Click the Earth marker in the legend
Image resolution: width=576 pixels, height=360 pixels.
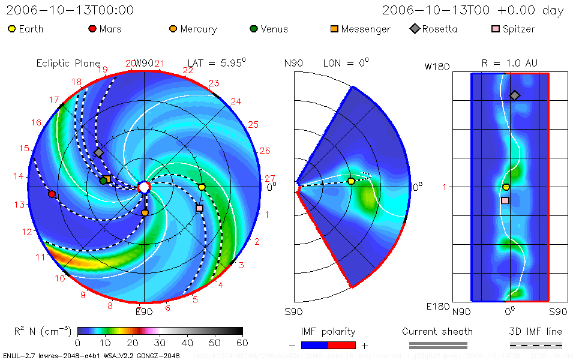[x=11, y=29]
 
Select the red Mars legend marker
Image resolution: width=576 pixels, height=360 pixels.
[x=92, y=29]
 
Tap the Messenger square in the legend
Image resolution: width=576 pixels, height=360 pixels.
[x=334, y=29]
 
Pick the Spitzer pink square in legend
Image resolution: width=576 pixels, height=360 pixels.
[x=496, y=29]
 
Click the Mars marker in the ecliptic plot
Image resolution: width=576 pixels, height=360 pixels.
[x=52, y=194]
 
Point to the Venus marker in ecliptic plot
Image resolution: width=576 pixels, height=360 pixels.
[x=103, y=180]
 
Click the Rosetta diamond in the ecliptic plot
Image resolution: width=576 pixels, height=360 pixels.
[x=98, y=153]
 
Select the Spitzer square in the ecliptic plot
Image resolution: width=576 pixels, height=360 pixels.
[x=199, y=208]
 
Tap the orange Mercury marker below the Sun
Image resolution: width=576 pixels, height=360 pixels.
[x=145, y=212]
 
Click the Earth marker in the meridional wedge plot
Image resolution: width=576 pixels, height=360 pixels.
[x=351, y=181]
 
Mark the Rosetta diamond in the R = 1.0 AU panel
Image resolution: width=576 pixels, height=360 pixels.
[x=514, y=95]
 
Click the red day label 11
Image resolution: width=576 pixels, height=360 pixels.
[x=41, y=257]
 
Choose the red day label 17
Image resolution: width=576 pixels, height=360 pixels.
[x=54, y=100]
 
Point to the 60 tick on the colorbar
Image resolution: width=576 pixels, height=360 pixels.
[x=242, y=343]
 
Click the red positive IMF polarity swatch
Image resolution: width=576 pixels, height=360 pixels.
[x=342, y=345]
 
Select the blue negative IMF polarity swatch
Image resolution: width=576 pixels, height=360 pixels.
[x=315, y=345]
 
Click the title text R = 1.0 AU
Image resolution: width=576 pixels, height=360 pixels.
[x=509, y=62]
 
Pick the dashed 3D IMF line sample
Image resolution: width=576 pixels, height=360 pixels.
[x=536, y=345]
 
